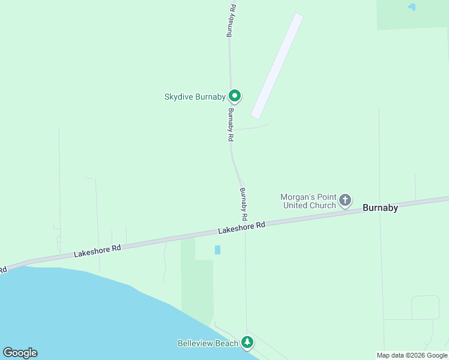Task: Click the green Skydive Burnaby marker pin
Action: [235, 95]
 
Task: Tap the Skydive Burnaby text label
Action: [194, 97]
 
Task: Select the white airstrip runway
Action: [277, 66]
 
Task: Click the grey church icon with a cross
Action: [345, 200]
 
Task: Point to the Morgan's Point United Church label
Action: [309, 201]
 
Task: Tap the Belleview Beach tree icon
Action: [247, 342]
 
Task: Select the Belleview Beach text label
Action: [208, 343]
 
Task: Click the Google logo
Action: [20, 353]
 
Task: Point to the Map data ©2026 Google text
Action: [412, 355]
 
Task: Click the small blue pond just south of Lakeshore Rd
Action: [217, 250]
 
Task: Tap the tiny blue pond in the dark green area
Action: [411, 7]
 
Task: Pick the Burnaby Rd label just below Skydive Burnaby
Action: [231, 124]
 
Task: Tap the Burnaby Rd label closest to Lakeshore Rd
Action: [244, 203]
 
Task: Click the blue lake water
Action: [72, 312]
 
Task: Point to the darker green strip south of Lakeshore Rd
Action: [197, 288]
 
